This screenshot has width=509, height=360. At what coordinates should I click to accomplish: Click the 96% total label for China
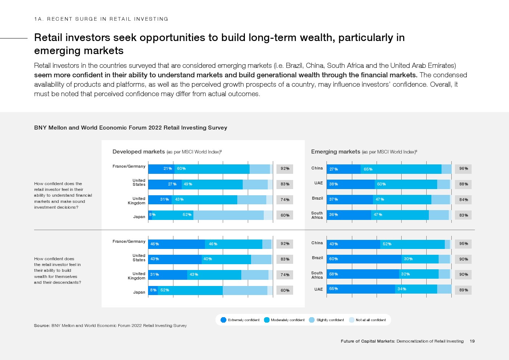463,169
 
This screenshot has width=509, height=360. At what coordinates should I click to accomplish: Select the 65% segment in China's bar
401,169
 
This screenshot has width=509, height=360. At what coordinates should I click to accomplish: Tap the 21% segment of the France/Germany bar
161,169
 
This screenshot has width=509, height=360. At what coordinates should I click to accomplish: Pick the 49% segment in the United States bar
212,184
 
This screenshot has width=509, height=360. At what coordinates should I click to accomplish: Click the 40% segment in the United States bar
226,259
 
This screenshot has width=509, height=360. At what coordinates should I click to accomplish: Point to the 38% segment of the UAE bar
350,184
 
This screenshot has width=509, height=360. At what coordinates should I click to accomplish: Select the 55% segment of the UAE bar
361,289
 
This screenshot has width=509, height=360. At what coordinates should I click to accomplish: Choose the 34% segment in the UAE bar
416,289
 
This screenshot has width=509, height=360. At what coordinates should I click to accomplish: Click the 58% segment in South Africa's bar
363,274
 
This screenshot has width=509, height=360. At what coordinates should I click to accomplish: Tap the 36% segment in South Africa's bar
349,215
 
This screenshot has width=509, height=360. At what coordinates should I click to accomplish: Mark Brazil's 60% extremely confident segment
364,259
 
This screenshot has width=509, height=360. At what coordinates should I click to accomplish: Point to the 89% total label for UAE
463,290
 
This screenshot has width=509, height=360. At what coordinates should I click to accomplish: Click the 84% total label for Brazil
463,200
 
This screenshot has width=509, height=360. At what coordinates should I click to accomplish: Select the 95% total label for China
463,244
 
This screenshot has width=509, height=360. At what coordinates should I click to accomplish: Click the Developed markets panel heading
139,152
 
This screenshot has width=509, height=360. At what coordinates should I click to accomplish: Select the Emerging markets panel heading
336,152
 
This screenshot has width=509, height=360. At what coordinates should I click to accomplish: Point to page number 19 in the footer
472,341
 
